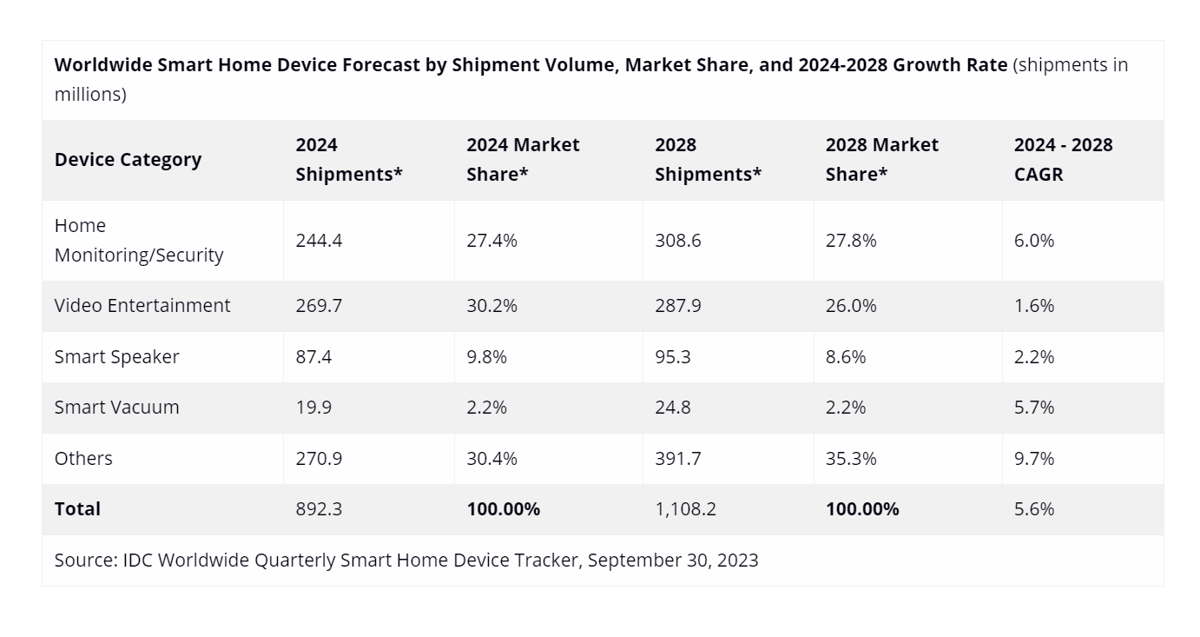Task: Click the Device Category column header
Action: coord(128,160)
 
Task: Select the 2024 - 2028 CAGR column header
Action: coord(1063,160)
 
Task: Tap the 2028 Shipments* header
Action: coord(708,160)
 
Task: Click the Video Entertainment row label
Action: coord(142,306)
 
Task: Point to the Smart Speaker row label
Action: coord(116,357)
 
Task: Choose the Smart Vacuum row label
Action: coord(116,408)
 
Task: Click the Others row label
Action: coord(83,459)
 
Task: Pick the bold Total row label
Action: coord(77,509)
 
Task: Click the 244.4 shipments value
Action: coord(319,241)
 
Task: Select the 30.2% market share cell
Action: coord(491,306)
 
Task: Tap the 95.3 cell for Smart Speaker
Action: coord(673,357)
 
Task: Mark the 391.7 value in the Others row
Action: coord(678,459)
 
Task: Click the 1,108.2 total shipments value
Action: coord(686,509)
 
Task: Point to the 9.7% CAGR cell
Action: coord(1034,459)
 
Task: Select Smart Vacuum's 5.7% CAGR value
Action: coord(1034,408)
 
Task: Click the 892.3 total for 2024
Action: coord(319,509)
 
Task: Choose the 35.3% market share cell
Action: coord(851,459)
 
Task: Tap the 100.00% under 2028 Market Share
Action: coord(862,509)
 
